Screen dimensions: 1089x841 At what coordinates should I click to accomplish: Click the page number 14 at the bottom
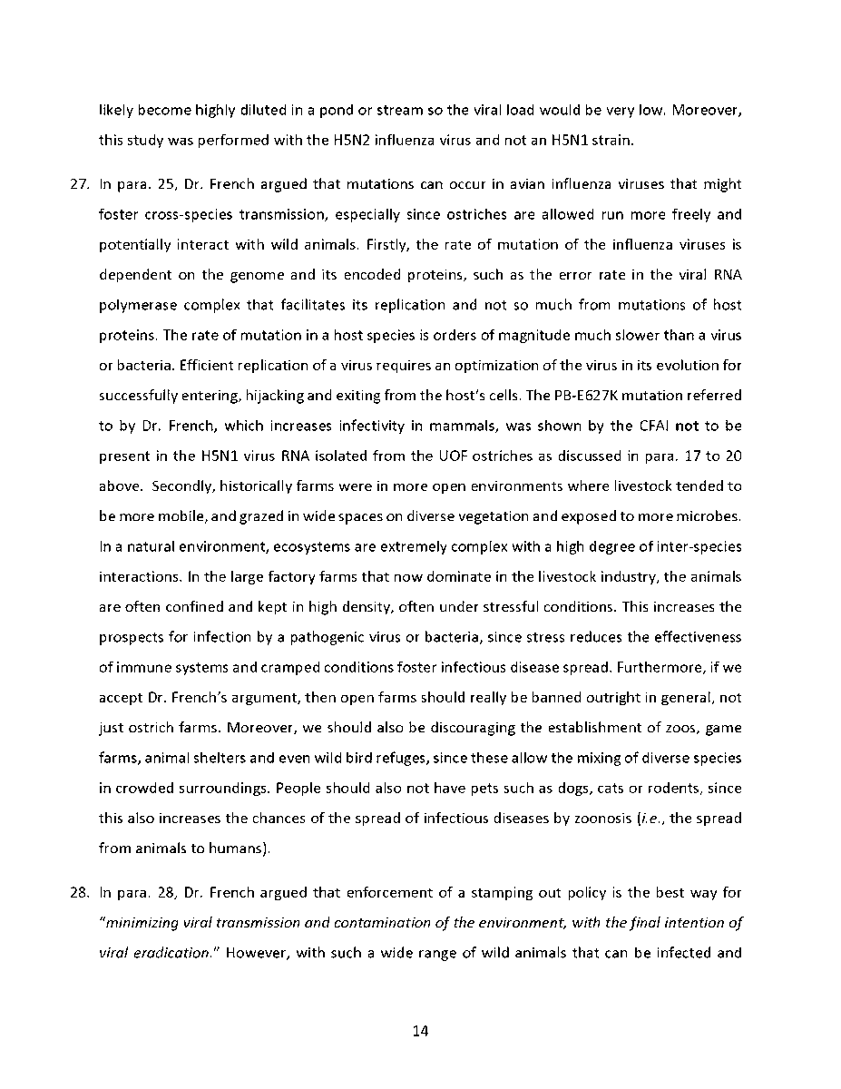(x=420, y=1031)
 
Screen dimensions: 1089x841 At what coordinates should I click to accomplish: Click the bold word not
(x=687, y=426)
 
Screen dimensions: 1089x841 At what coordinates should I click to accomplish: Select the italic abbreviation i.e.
(x=653, y=818)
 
